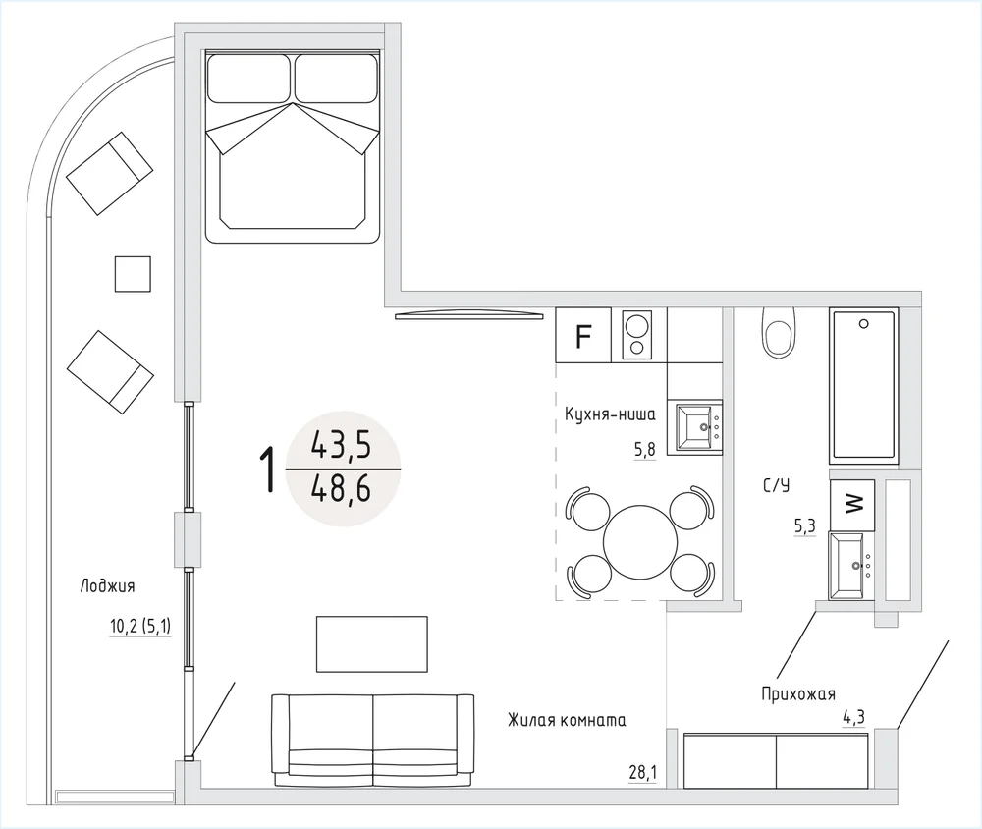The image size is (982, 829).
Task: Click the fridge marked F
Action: [x=583, y=335]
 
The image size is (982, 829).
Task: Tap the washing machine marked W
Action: [x=852, y=505]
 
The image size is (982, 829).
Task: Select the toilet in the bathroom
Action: [x=779, y=333]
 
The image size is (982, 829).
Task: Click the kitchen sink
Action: [x=695, y=427]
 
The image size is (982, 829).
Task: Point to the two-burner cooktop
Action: [x=637, y=335]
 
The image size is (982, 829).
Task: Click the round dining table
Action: [x=640, y=542]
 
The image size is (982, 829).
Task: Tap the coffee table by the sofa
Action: [x=372, y=644]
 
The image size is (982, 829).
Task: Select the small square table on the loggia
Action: [x=133, y=274]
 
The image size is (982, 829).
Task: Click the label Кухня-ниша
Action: [x=610, y=414]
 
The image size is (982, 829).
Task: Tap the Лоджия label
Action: [x=107, y=586]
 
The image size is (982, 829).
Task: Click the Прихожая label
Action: [x=798, y=693]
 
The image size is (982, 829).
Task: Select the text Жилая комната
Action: [x=567, y=720]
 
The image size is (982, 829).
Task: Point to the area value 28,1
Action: [x=642, y=773]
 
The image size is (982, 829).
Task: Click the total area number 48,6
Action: [x=342, y=488]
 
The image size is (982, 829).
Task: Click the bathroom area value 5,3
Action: [x=805, y=525]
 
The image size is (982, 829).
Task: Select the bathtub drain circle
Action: [x=863, y=324]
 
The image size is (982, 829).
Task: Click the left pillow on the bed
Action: [x=249, y=79]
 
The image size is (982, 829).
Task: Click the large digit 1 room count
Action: [x=268, y=469]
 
